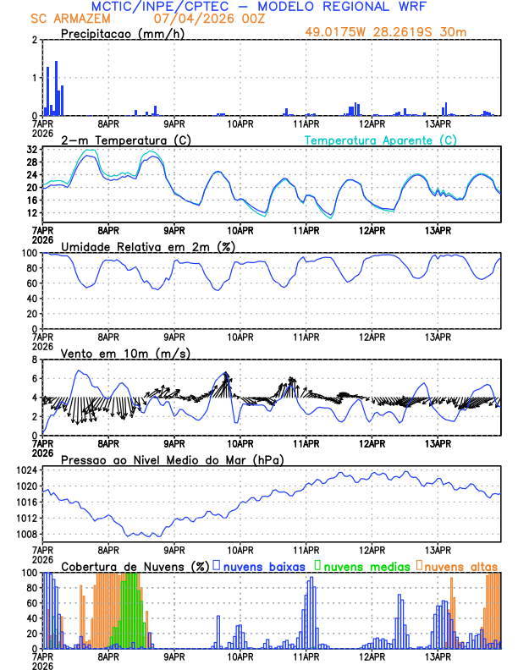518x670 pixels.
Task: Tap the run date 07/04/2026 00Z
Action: (203, 19)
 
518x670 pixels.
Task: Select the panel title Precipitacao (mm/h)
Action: (115, 33)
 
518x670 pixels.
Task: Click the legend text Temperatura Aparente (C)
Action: (381, 140)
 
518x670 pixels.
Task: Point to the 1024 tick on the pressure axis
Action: (30, 470)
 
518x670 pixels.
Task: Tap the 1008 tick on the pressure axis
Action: (30, 534)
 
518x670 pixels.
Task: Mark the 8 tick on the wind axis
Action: (36, 360)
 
